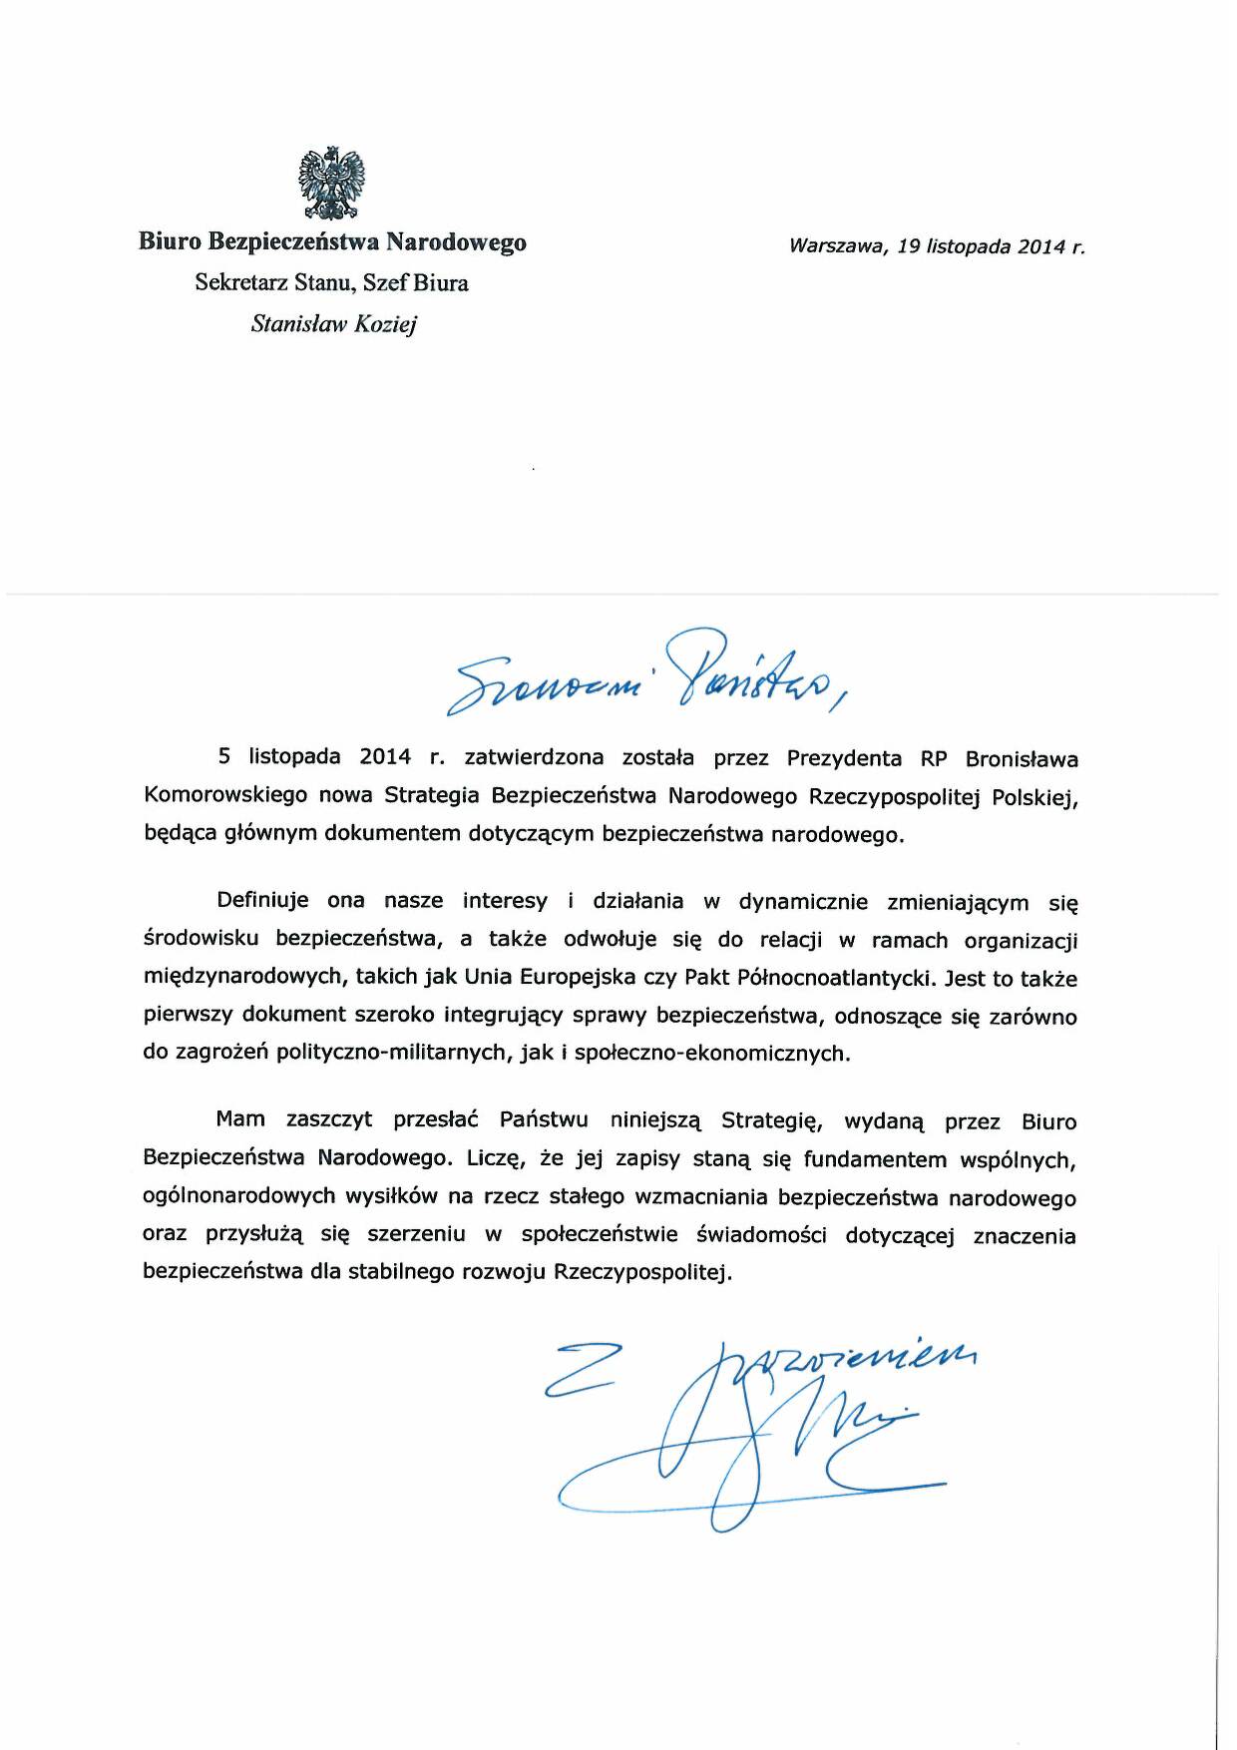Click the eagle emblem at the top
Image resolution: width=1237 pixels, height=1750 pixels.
[x=332, y=183]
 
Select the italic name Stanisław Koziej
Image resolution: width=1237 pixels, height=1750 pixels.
[x=333, y=324]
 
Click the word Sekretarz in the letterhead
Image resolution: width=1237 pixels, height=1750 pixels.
[x=240, y=282]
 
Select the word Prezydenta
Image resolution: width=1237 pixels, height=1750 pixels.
[x=844, y=758]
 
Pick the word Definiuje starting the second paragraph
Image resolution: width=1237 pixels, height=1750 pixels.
[x=262, y=901]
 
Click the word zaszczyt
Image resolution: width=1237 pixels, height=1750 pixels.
[x=329, y=1120]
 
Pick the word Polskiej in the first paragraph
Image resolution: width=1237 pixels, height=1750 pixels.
[x=1034, y=797]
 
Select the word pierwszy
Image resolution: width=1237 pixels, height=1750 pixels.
[x=188, y=1016]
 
